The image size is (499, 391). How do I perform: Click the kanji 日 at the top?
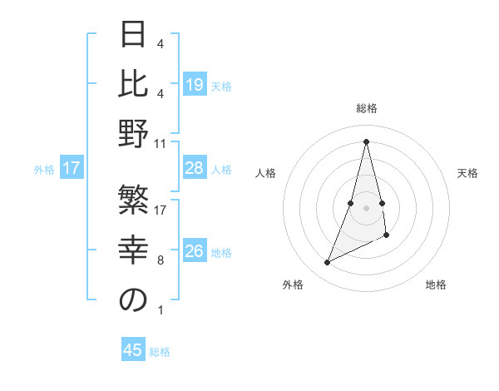pyautogui.click(x=133, y=36)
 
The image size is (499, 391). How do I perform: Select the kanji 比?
pyautogui.click(x=133, y=83)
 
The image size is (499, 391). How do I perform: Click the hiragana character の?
pyautogui.click(x=133, y=301)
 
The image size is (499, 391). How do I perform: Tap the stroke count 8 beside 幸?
pyautogui.click(x=161, y=260)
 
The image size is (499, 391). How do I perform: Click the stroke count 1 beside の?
pyautogui.click(x=161, y=310)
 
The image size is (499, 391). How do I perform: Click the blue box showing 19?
pyautogui.click(x=194, y=84)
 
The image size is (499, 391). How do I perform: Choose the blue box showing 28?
pyautogui.click(x=194, y=169)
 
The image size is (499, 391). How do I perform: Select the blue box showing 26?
pyautogui.click(x=194, y=251)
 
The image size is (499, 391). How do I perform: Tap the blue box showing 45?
pyautogui.click(x=133, y=350)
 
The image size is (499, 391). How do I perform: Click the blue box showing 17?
pyautogui.click(x=72, y=169)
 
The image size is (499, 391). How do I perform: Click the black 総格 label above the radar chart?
pyautogui.click(x=367, y=109)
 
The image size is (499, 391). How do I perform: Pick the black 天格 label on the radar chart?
pyautogui.click(x=467, y=173)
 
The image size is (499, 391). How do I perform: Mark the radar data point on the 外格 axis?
pyautogui.click(x=327, y=263)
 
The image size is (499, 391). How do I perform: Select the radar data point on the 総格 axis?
pyautogui.click(x=367, y=141)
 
